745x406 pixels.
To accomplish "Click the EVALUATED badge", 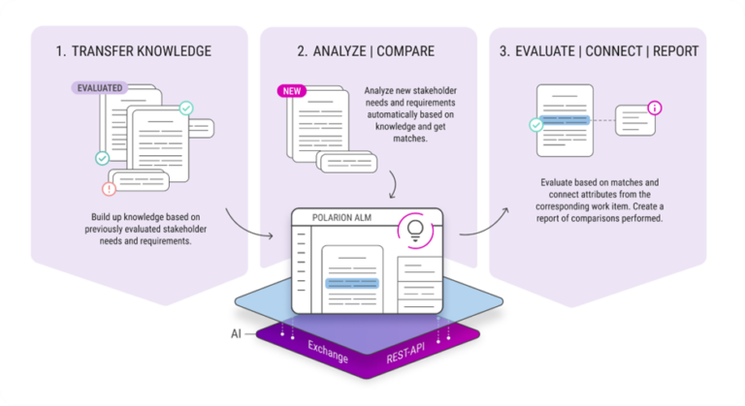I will pyautogui.click(x=100, y=88).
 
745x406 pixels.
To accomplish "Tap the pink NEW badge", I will pyautogui.click(x=291, y=91).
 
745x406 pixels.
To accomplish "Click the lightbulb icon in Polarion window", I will pyautogui.click(x=416, y=229).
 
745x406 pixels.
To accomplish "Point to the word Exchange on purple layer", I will pyautogui.click(x=327, y=352).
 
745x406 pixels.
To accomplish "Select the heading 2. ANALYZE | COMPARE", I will pyautogui.click(x=367, y=50).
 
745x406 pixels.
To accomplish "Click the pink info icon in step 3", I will pyautogui.click(x=655, y=107).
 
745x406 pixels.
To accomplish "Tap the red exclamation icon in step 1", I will pyautogui.click(x=108, y=189).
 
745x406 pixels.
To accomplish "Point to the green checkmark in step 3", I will pyautogui.click(x=534, y=125).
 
